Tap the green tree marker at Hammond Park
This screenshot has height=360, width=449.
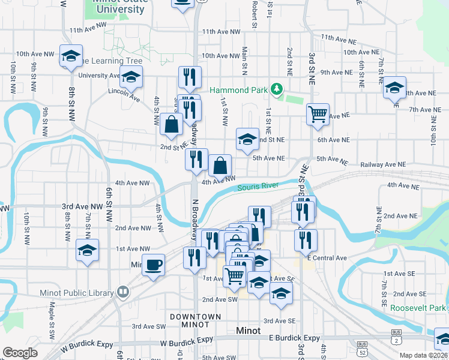tap(276, 89)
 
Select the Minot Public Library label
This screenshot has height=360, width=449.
tap(77, 293)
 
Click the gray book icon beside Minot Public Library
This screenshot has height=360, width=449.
tap(123, 292)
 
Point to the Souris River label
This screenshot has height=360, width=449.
tap(258, 187)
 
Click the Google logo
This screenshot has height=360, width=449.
tap(20, 353)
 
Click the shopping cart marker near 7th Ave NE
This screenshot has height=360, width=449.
tap(318, 113)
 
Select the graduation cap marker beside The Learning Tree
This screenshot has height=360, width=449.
tap(71, 56)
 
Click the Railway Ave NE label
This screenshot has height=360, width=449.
tap(384, 164)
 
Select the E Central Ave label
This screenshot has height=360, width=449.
tap(327, 258)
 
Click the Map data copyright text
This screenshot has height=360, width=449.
tap(423, 355)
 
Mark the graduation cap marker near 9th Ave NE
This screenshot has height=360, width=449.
tap(394, 88)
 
